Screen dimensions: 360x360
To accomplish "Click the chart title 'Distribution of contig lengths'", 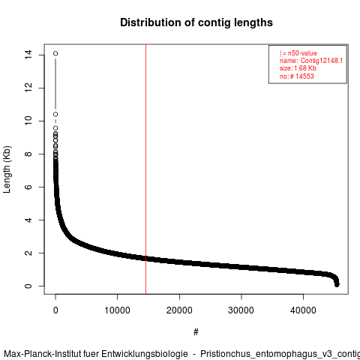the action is point(196,22).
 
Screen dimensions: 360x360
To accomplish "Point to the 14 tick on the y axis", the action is point(28,55).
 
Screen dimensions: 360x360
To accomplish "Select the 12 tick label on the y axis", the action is point(28,88).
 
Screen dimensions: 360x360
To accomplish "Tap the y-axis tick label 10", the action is point(28,121).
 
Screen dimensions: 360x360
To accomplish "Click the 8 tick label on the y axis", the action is point(28,154).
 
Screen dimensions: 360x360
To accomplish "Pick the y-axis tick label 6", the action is point(28,187).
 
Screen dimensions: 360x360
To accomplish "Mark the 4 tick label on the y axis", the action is point(28,220).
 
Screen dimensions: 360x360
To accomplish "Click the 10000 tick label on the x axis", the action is point(117,310).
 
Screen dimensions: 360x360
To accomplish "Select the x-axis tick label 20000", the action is point(179,310).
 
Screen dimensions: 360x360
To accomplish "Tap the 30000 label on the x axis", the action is point(241,310).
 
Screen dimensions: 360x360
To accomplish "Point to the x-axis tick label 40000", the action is point(303,310).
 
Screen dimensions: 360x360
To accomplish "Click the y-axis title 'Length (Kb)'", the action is point(7,169).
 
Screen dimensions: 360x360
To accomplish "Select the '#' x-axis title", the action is point(196,332).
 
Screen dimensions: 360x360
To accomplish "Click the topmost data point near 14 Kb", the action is point(55,53).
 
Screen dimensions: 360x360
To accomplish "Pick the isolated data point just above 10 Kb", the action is point(55,114).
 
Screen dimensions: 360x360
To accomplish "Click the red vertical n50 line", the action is point(145,169).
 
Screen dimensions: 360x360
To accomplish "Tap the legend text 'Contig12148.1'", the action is point(322,61).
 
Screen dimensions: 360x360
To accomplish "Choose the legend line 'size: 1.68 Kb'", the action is point(298,68).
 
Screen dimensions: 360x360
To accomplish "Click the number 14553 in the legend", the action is point(304,76).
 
